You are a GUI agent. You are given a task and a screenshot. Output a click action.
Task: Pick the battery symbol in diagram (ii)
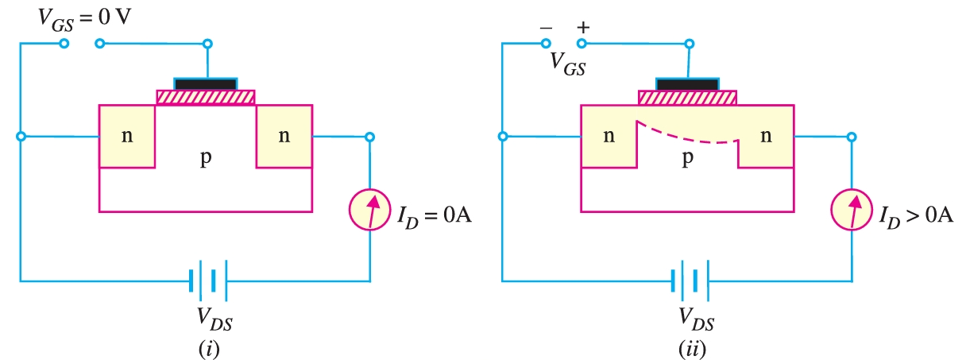pyautogui.click(x=690, y=281)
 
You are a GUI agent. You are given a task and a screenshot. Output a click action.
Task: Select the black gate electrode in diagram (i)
pyautogui.click(x=206, y=83)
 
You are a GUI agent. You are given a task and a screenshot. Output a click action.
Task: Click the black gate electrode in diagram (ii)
pyautogui.click(x=688, y=83)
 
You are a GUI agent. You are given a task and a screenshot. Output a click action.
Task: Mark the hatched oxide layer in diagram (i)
pyautogui.click(x=206, y=97)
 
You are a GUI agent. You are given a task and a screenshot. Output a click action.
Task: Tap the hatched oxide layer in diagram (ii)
pyautogui.click(x=688, y=97)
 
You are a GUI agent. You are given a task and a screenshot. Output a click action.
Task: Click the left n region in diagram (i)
pyautogui.click(x=127, y=136)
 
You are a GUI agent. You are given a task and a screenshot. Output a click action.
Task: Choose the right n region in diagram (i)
pyautogui.click(x=284, y=136)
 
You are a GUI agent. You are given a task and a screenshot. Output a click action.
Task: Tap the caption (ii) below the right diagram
pyautogui.click(x=689, y=347)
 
